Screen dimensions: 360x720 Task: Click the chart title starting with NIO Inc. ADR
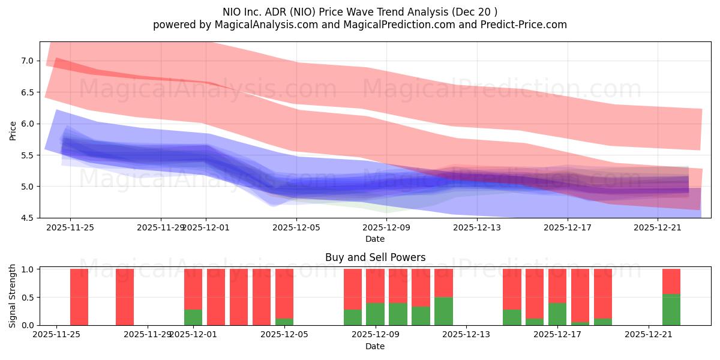(x=360, y=11)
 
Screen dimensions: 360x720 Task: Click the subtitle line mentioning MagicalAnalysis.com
(x=360, y=25)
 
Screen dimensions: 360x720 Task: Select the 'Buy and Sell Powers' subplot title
(x=375, y=257)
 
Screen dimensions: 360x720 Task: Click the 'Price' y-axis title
(x=13, y=130)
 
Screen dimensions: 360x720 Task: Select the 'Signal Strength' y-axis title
(x=13, y=296)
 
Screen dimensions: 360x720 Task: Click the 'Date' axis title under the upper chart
(x=375, y=239)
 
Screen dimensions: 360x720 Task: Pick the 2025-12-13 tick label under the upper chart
(x=476, y=227)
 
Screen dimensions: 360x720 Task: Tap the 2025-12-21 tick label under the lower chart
(x=649, y=335)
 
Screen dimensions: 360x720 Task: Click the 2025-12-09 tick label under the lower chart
(x=375, y=335)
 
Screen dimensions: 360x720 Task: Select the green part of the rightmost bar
(x=671, y=310)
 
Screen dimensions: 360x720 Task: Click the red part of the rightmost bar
(x=671, y=281)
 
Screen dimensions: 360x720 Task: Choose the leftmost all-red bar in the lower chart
(x=79, y=297)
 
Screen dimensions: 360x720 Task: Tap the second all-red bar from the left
(x=125, y=297)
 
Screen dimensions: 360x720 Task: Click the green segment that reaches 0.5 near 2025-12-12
(x=443, y=311)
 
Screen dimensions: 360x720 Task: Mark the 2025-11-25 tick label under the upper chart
(x=70, y=227)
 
